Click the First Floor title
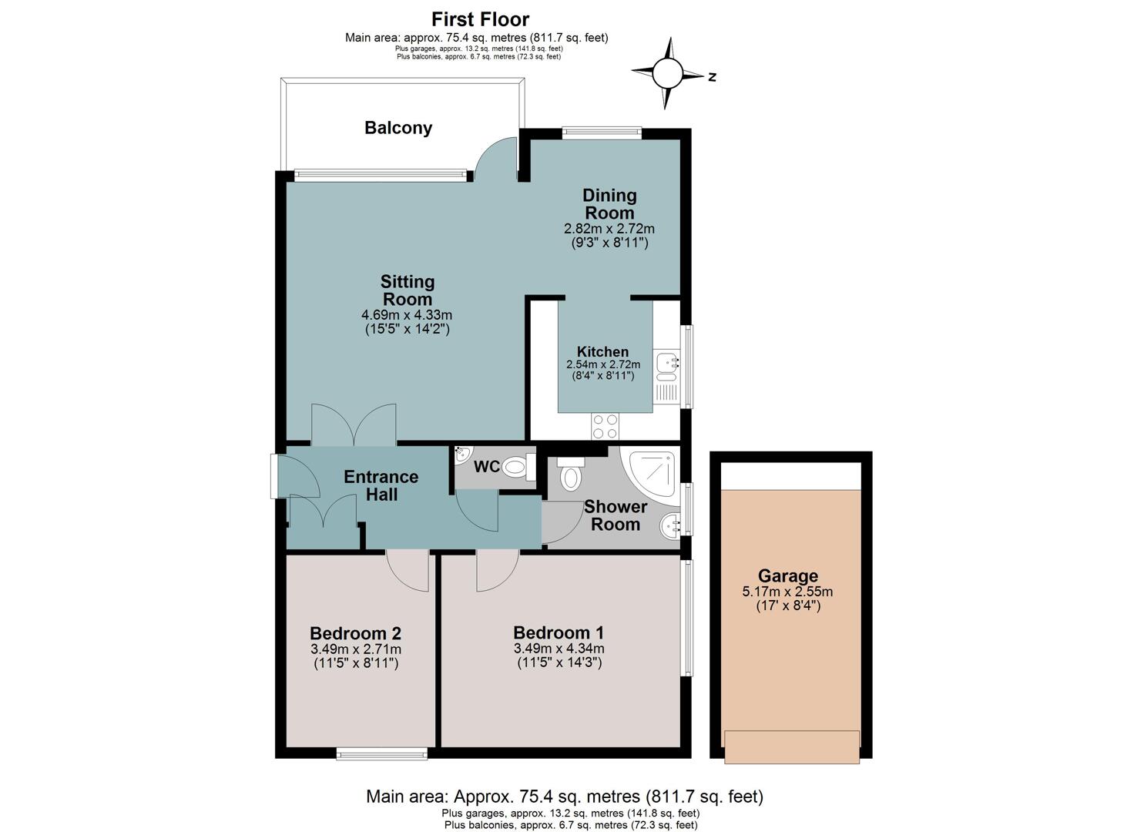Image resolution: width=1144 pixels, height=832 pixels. point(480,19)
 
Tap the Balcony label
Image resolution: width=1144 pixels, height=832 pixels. point(398,128)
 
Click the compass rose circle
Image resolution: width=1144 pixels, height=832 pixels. point(667,73)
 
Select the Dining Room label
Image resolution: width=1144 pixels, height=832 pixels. point(609,204)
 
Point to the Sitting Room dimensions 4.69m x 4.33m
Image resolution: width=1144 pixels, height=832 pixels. point(407,315)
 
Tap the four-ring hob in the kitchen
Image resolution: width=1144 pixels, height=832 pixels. point(605,427)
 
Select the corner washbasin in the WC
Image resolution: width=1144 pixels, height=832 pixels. point(463,455)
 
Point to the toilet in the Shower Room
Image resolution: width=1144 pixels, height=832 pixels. point(570,474)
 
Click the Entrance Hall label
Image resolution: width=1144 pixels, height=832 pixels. point(381,485)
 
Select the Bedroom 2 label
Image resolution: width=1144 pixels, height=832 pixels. point(355,633)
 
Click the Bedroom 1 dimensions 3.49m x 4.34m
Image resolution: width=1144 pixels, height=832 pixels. point(559,649)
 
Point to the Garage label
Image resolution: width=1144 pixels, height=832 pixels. point(788,575)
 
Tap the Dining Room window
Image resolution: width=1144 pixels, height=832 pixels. point(602,133)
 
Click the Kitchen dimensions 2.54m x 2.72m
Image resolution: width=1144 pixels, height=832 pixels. point(603,364)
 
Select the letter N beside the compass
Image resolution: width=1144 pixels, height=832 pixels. point(712,77)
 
